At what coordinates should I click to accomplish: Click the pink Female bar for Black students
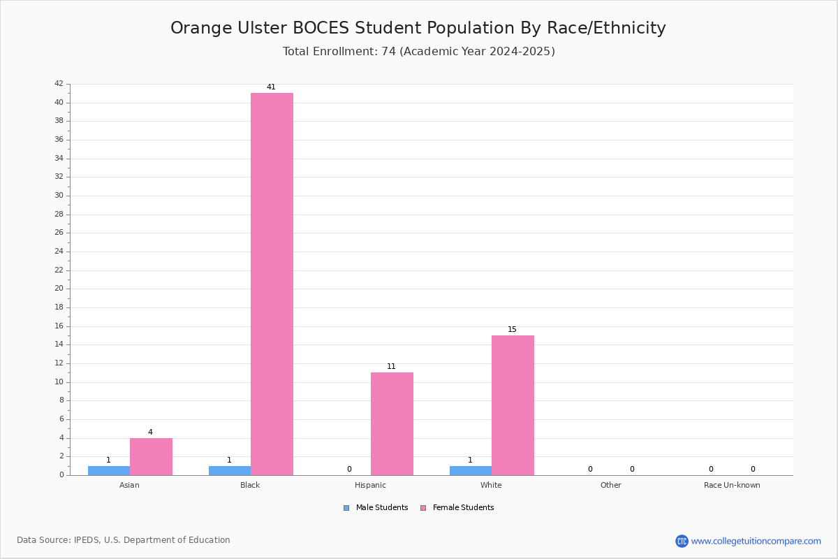[272, 284]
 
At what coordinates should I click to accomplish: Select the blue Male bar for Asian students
[109, 471]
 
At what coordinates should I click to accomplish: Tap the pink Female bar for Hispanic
[392, 424]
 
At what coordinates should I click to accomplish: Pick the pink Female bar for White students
[513, 405]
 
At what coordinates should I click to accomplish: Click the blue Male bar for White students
[471, 471]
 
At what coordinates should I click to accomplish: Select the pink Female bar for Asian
[151, 457]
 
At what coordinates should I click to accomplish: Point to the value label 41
[271, 87]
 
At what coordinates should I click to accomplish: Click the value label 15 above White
[512, 329]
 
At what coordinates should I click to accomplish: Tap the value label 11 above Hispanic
[391, 366]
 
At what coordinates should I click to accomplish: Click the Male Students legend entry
[376, 507]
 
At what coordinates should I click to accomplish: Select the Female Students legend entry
[457, 507]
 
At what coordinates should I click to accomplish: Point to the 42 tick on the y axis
[59, 83]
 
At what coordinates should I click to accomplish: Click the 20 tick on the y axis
[59, 289]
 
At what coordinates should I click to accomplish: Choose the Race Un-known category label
[732, 485]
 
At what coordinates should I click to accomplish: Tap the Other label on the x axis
[610, 485]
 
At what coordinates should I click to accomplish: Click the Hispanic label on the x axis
[370, 485]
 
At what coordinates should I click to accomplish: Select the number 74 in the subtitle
[388, 51]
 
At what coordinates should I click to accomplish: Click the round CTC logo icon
[682, 541]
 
